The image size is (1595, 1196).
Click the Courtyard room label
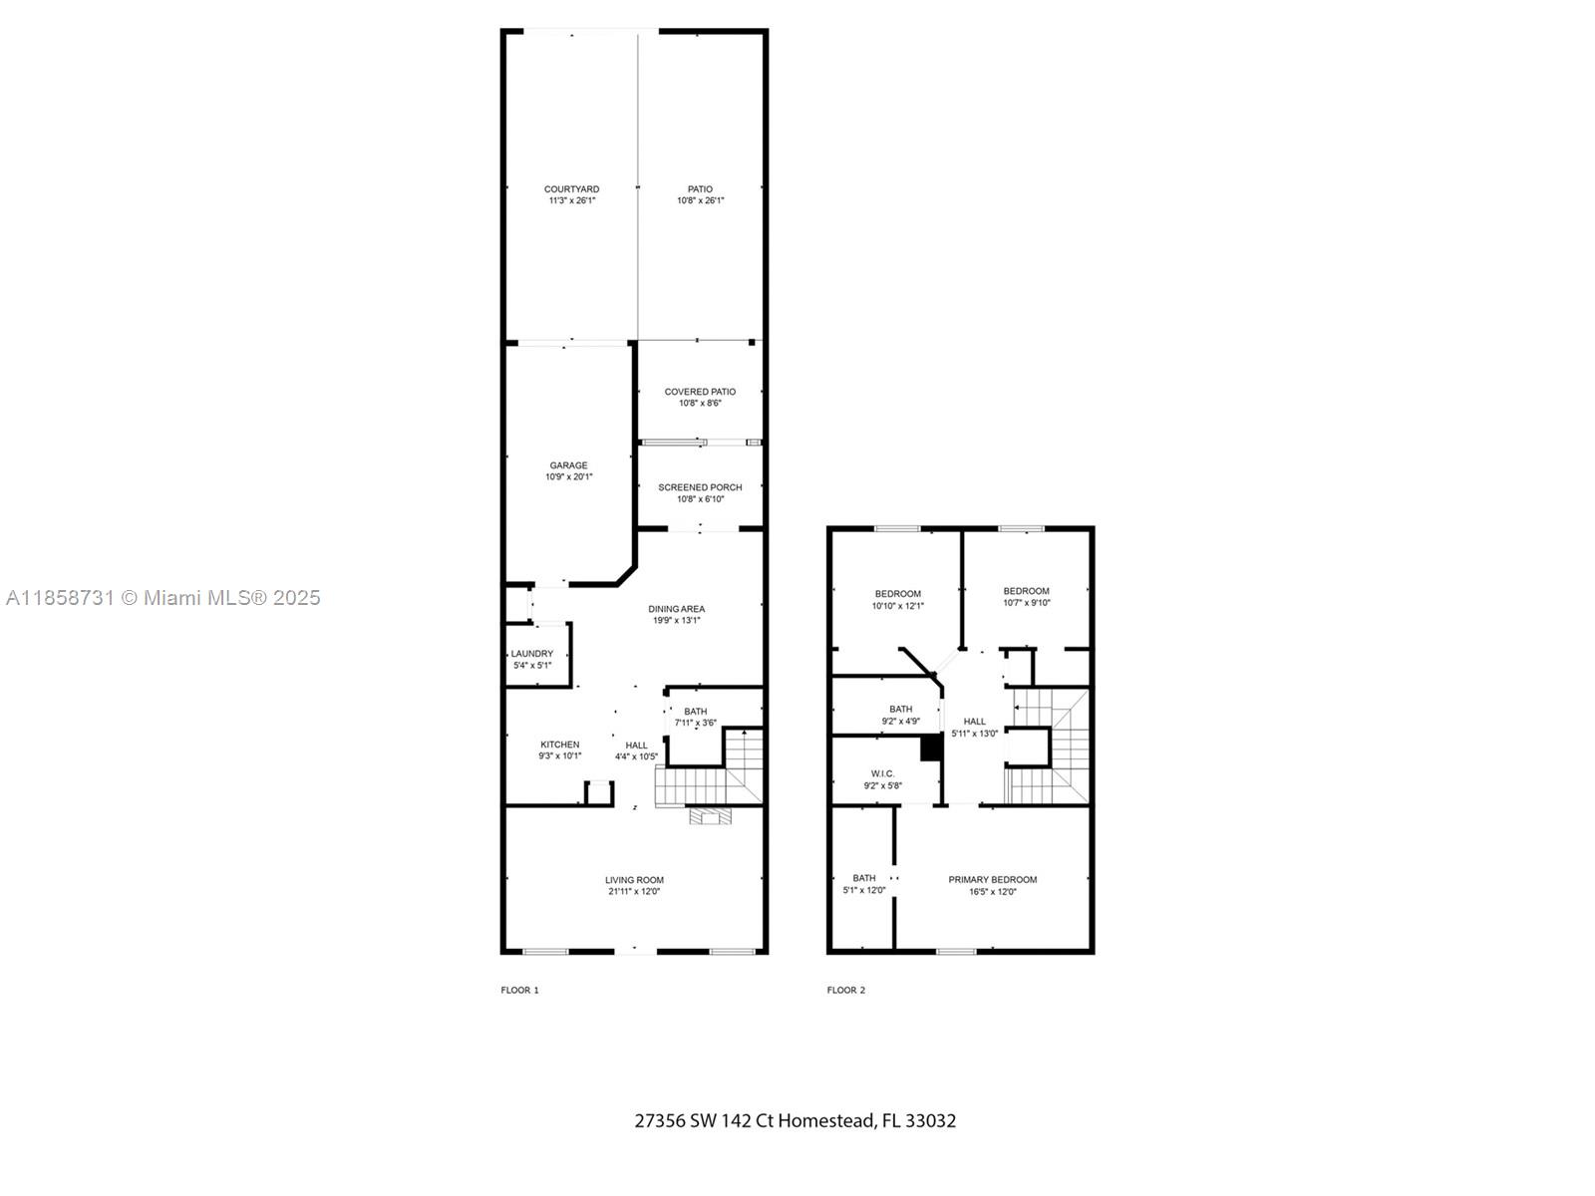pyautogui.click(x=571, y=189)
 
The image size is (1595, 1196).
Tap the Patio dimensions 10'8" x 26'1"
pyautogui.click(x=700, y=201)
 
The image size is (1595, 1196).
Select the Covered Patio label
pyautogui.click(x=700, y=392)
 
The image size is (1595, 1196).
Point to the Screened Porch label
pyautogui.click(x=700, y=487)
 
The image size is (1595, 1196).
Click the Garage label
pyautogui.click(x=568, y=465)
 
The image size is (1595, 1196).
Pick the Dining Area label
pyautogui.click(x=677, y=609)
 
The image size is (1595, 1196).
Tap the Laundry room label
pyautogui.click(x=532, y=654)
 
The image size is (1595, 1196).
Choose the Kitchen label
pyautogui.click(x=559, y=745)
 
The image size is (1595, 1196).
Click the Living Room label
pyautogui.click(x=634, y=880)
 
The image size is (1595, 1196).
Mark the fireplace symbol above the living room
pyautogui.click(x=711, y=816)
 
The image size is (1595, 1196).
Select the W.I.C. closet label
pyautogui.click(x=882, y=773)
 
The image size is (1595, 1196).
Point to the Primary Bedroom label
pyautogui.click(x=992, y=879)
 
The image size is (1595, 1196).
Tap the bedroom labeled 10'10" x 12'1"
pyautogui.click(x=897, y=600)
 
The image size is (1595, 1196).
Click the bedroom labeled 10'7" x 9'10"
pyautogui.click(x=1026, y=597)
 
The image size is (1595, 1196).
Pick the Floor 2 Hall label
pyautogui.click(x=974, y=722)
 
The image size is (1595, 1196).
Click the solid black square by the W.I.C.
pyautogui.click(x=930, y=747)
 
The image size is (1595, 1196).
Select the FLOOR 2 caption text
pyautogui.click(x=845, y=990)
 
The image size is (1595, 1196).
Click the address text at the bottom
pyautogui.click(x=795, y=1120)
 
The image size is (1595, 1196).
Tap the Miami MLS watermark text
pyautogui.click(x=162, y=597)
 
